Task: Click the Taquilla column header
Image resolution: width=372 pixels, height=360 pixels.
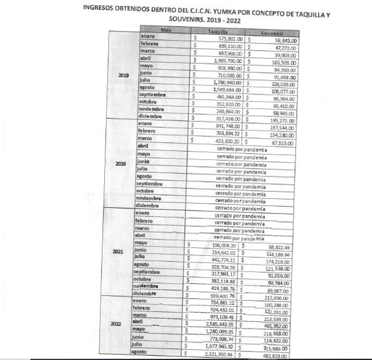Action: click(x=218, y=31)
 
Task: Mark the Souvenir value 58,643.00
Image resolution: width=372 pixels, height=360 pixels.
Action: click(x=292, y=39)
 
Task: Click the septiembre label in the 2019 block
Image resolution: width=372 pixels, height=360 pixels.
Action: click(x=152, y=96)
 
